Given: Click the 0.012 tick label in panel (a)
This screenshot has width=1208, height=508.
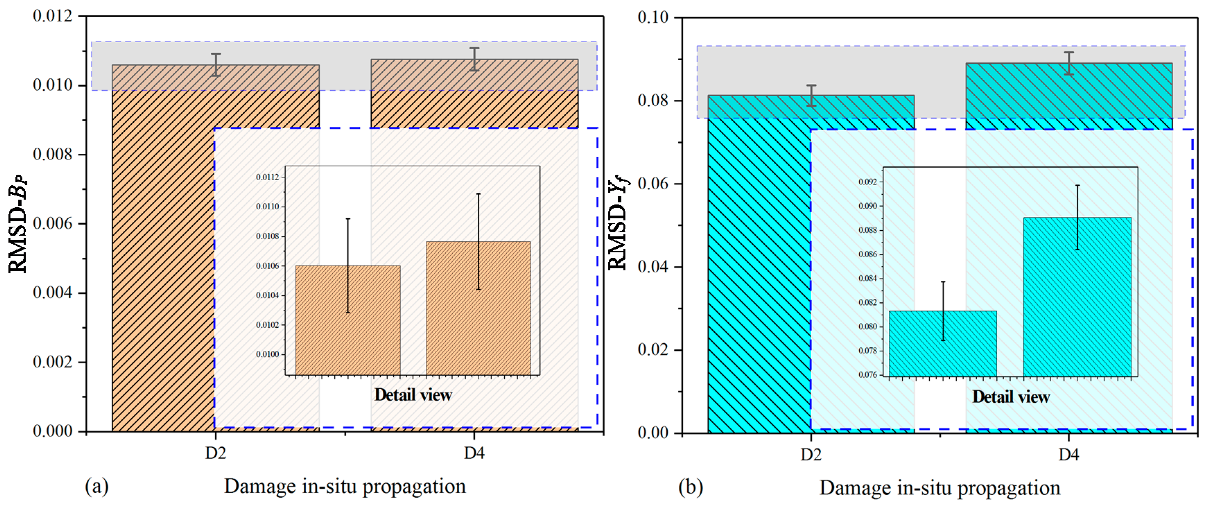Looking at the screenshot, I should [53, 16].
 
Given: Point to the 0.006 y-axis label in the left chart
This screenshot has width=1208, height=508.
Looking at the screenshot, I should [53, 224].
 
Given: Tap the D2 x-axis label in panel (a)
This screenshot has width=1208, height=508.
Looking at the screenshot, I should [215, 453].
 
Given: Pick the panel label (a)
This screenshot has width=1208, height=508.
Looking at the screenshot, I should [97, 487].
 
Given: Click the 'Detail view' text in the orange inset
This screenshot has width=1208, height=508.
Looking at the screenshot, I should [413, 395].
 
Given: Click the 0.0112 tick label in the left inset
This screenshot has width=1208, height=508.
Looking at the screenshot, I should [267, 177].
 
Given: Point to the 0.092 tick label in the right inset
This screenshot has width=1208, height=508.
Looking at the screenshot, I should [868, 182].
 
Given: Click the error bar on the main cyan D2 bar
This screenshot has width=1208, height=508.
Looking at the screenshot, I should [811, 96].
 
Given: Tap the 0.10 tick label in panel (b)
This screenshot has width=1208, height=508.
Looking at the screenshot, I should [652, 17].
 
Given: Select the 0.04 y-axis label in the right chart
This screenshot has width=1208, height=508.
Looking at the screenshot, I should [652, 267].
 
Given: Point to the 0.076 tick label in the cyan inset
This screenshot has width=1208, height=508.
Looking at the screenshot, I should [868, 375].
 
